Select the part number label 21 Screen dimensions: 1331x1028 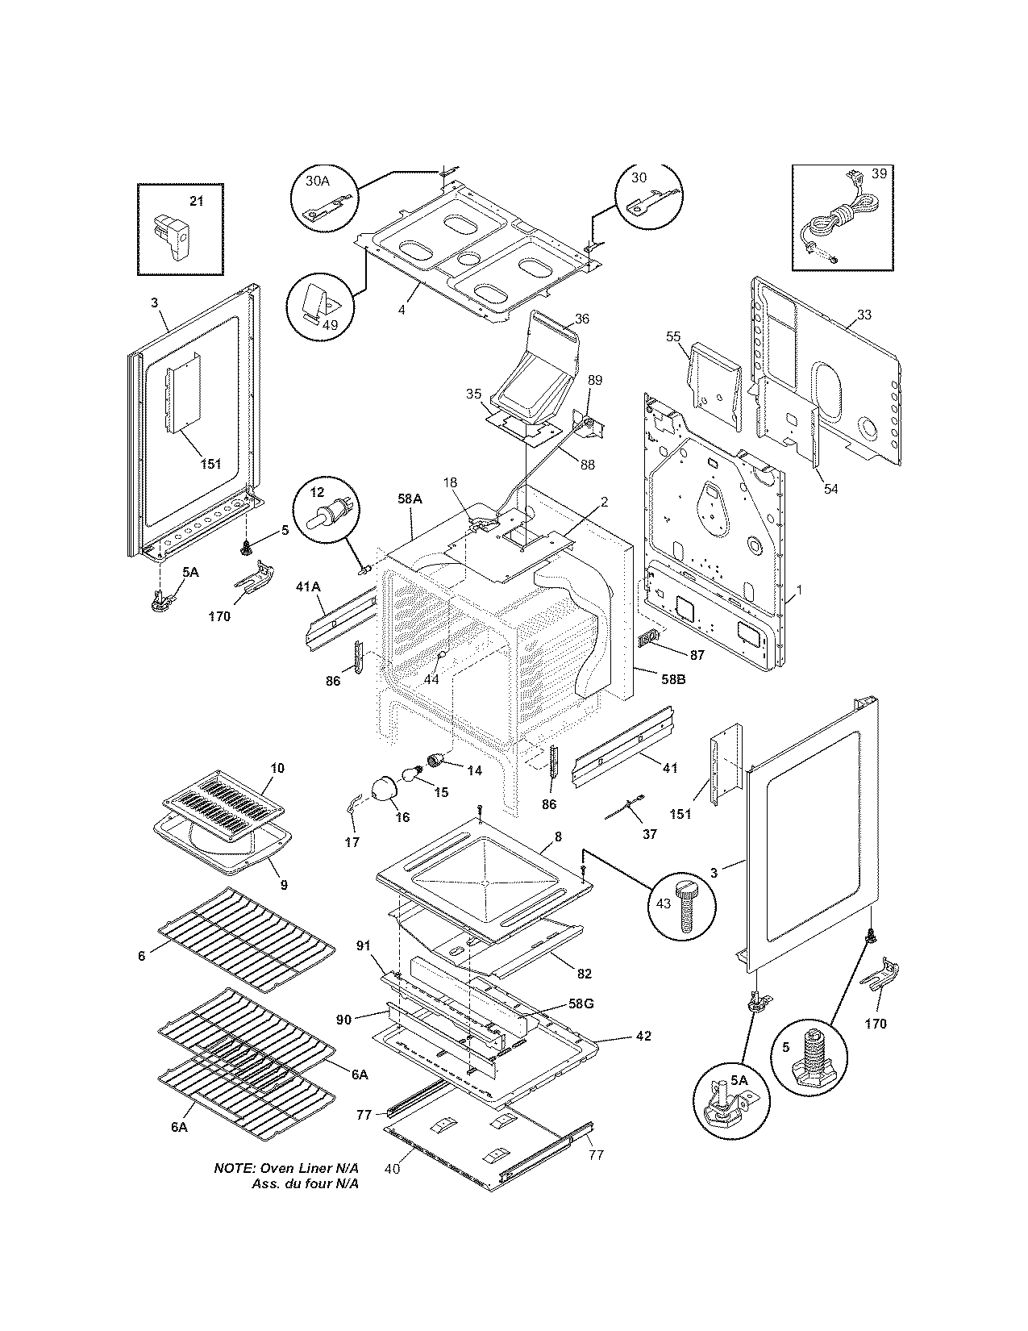[x=196, y=202]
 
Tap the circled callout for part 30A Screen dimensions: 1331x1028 [x=323, y=200]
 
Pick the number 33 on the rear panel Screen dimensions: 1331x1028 [x=864, y=315]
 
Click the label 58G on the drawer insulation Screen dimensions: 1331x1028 [x=581, y=1003]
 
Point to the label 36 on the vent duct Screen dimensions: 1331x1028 [x=581, y=319]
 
